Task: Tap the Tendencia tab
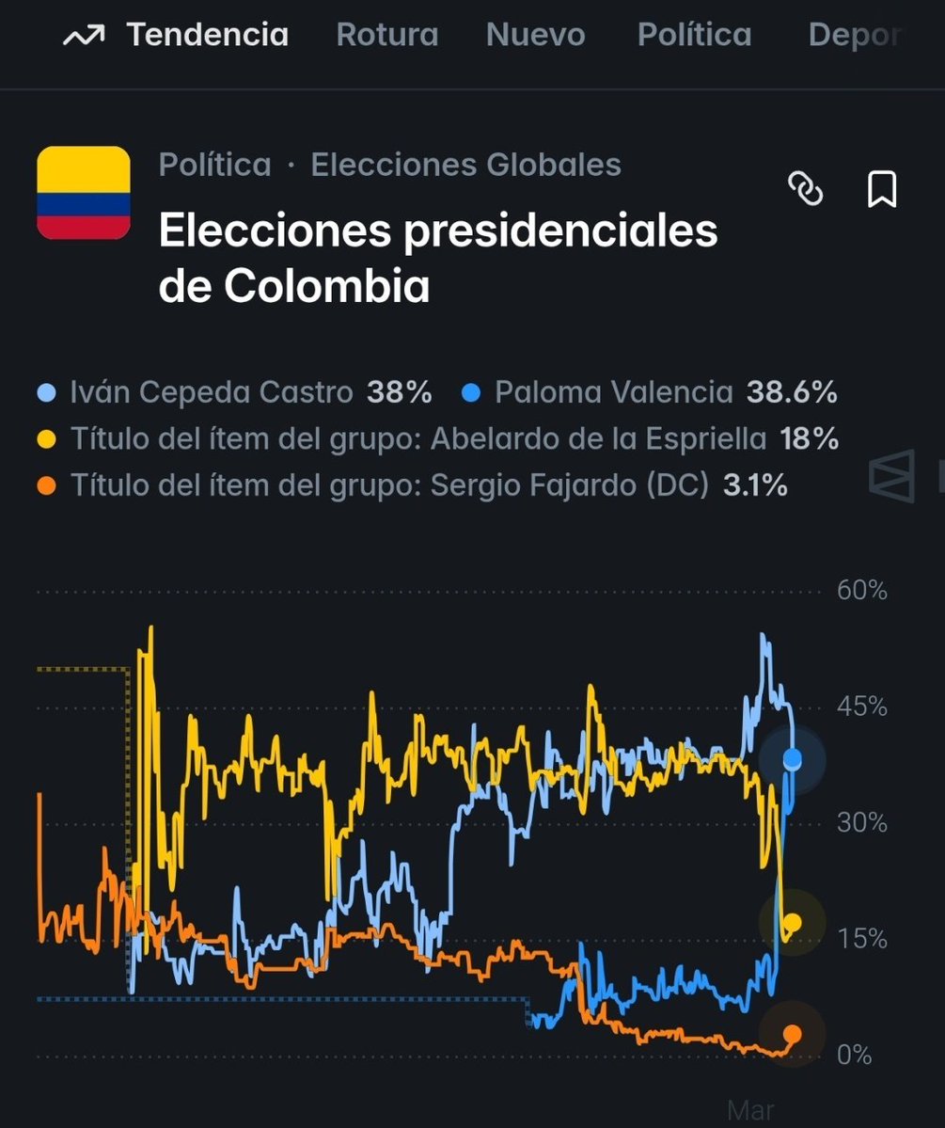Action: click(x=207, y=36)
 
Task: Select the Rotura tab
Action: click(x=387, y=36)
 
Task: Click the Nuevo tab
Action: click(x=535, y=36)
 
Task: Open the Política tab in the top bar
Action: click(x=694, y=36)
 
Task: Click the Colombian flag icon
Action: click(x=83, y=193)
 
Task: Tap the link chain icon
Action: click(x=805, y=189)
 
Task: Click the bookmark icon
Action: click(x=881, y=189)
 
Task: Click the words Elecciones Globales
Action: click(x=465, y=165)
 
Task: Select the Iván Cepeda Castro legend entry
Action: click(x=212, y=392)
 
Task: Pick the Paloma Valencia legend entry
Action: click(x=613, y=392)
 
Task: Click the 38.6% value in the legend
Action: click(x=792, y=392)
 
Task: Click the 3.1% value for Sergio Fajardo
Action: click(x=755, y=485)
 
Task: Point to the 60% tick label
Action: click(x=861, y=591)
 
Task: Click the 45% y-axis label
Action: click(x=861, y=707)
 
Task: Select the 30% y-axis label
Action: click(x=861, y=823)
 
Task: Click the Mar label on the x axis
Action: click(x=750, y=1110)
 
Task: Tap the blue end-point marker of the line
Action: click(x=793, y=759)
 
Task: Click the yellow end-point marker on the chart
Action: click(x=793, y=922)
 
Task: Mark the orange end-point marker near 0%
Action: click(x=793, y=1034)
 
